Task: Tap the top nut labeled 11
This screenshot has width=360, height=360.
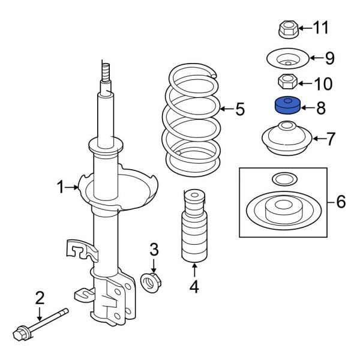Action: point(286,28)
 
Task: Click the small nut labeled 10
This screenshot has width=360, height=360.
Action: point(286,81)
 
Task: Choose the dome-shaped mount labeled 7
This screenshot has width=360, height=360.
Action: point(286,140)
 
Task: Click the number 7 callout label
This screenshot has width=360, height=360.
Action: point(331,139)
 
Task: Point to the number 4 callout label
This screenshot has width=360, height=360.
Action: point(194,288)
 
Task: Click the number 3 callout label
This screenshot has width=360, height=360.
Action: point(154,248)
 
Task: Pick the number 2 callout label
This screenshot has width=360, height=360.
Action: point(40,296)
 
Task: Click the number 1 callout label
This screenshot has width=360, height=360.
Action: point(61,188)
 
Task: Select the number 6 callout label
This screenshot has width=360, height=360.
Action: point(340,202)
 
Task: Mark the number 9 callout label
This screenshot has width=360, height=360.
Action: point(329,58)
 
